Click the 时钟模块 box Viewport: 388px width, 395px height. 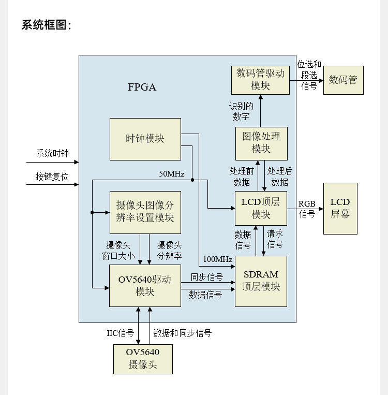pyautogui.click(x=145, y=139)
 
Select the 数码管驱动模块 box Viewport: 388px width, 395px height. pyautogui.click(x=260, y=80)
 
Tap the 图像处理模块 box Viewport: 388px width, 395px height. pyautogui.click(x=261, y=143)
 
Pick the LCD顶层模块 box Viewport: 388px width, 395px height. pyautogui.click(x=261, y=208)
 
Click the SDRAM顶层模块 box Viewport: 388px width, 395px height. pyautogui.click(x=261, y=281)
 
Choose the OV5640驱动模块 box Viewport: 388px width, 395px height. pyautogui.click(x=145, y=286)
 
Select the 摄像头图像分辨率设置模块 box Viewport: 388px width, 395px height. pyautogui.click(x=145, y=212)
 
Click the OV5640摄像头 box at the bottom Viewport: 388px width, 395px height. pyautogui.click(x=143, y=359)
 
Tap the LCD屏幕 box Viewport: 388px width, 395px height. pyautogui.click(x=340, y=209)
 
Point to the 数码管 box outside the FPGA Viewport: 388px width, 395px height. pyautogui.click(x=344, y=80)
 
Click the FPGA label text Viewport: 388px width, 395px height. pyautogui.click(x=142, y=87)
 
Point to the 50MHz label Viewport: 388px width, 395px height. pyautogui.click(x=172, y=174)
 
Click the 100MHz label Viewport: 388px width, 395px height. pyautogui.click(x=218, y=259)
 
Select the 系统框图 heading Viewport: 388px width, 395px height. pyautogui.click(x=47, y=25)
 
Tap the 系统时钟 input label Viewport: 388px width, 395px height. pyautogui.click(x=52, y=153)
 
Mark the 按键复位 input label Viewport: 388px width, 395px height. pyautogui.click(x=52, y=177)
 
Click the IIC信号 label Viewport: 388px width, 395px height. pyautogui.click(x=121, y=333)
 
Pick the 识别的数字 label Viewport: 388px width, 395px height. pyautogui.click(x=241, y=111)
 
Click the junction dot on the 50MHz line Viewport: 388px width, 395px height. pyautogui.click(x=192, y=180)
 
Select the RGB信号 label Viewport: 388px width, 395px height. pyautogui.click(x=307, y=209)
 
